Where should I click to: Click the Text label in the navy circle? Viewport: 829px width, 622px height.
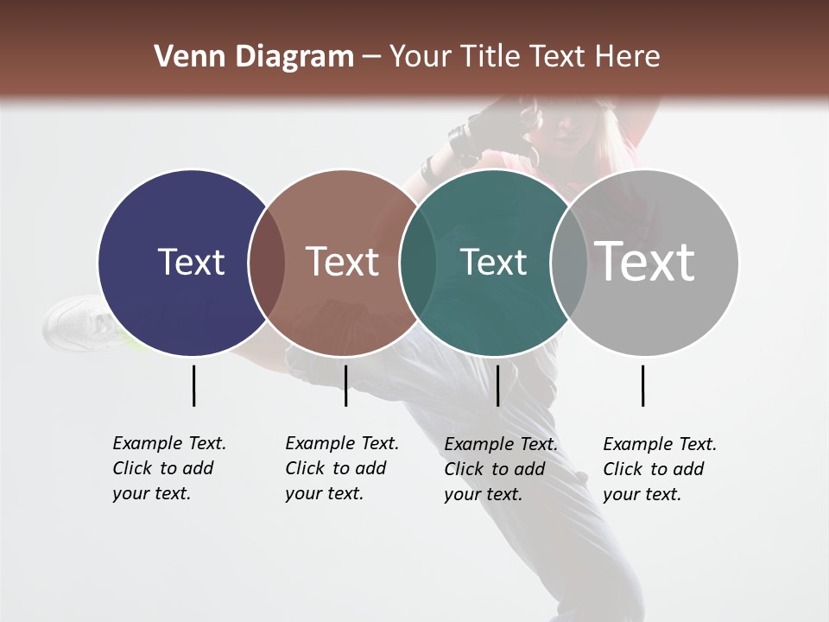pyautogui.click(x=191, y=262)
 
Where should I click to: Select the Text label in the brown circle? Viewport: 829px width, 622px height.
pyautogui.click(x=343, y=262)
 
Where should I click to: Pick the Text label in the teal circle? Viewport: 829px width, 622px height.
pyautogui.click(x=493, y=262)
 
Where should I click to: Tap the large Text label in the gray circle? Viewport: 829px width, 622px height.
pyautogui.click(x=645, y=262)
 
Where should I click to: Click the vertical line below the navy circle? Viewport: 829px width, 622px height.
pyautogui.click(x=193, y=385)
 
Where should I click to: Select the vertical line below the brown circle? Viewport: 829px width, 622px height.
pyautogui.click(x=345, y=385)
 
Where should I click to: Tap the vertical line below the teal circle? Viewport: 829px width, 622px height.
pyautogui.click(x=497, y=385)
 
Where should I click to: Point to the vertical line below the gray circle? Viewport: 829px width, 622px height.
pyautogui.click(x=642, y=385)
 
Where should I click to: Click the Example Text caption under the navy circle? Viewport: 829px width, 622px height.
pyautogui.click(x=169, y=468)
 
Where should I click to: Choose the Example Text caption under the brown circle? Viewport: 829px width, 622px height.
pyautogui.click(x=342, y=468)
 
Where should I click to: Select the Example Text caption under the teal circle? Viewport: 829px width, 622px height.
pyautogui.click(x=501, y=469)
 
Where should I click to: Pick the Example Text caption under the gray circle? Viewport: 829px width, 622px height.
pyautogui.click(x=660, y=469)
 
